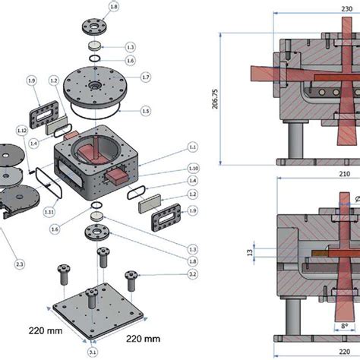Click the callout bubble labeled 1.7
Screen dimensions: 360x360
point(146,77)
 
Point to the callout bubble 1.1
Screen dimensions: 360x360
point(192,146)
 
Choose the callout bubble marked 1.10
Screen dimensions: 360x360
point(192,168)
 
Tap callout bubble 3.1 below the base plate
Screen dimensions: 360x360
point(93,352)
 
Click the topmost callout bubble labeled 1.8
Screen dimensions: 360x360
point(113,7)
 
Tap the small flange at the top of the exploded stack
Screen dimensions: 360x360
point(93,28)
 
